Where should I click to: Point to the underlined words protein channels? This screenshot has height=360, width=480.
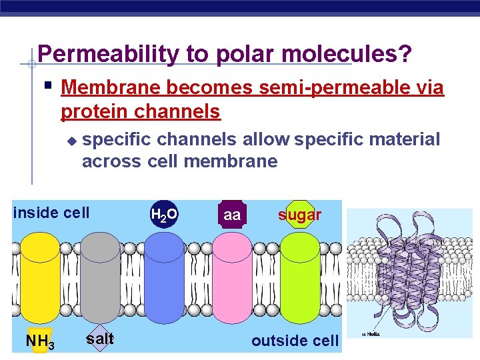tap(140, 111)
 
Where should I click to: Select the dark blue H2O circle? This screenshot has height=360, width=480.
tap(164, 215)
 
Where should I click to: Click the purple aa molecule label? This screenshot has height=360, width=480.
tap(232, 215)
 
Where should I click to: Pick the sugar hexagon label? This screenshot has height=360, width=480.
tap(299, 215)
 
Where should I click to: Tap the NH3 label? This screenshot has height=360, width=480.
tap(39, 341)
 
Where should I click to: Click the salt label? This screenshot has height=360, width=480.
tap(100, 339)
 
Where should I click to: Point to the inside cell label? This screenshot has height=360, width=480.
tap(51, 213)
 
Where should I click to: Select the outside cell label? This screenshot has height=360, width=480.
tap(295, 341)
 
